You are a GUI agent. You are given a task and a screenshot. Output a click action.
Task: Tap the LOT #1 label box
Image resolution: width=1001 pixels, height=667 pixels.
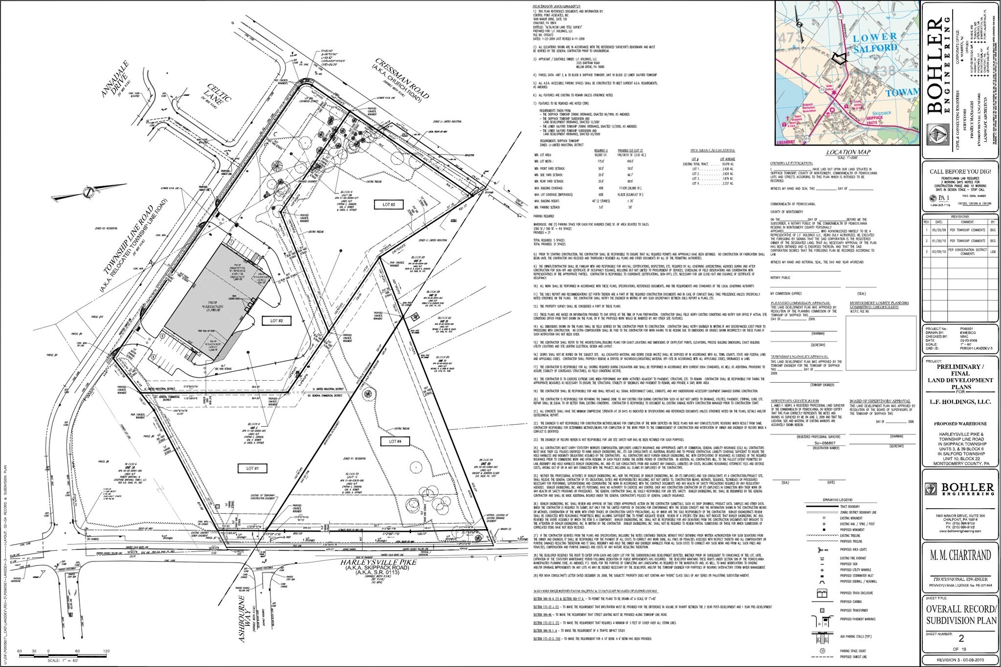252,468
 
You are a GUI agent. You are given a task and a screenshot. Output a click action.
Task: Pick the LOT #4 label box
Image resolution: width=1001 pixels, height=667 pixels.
395,441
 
